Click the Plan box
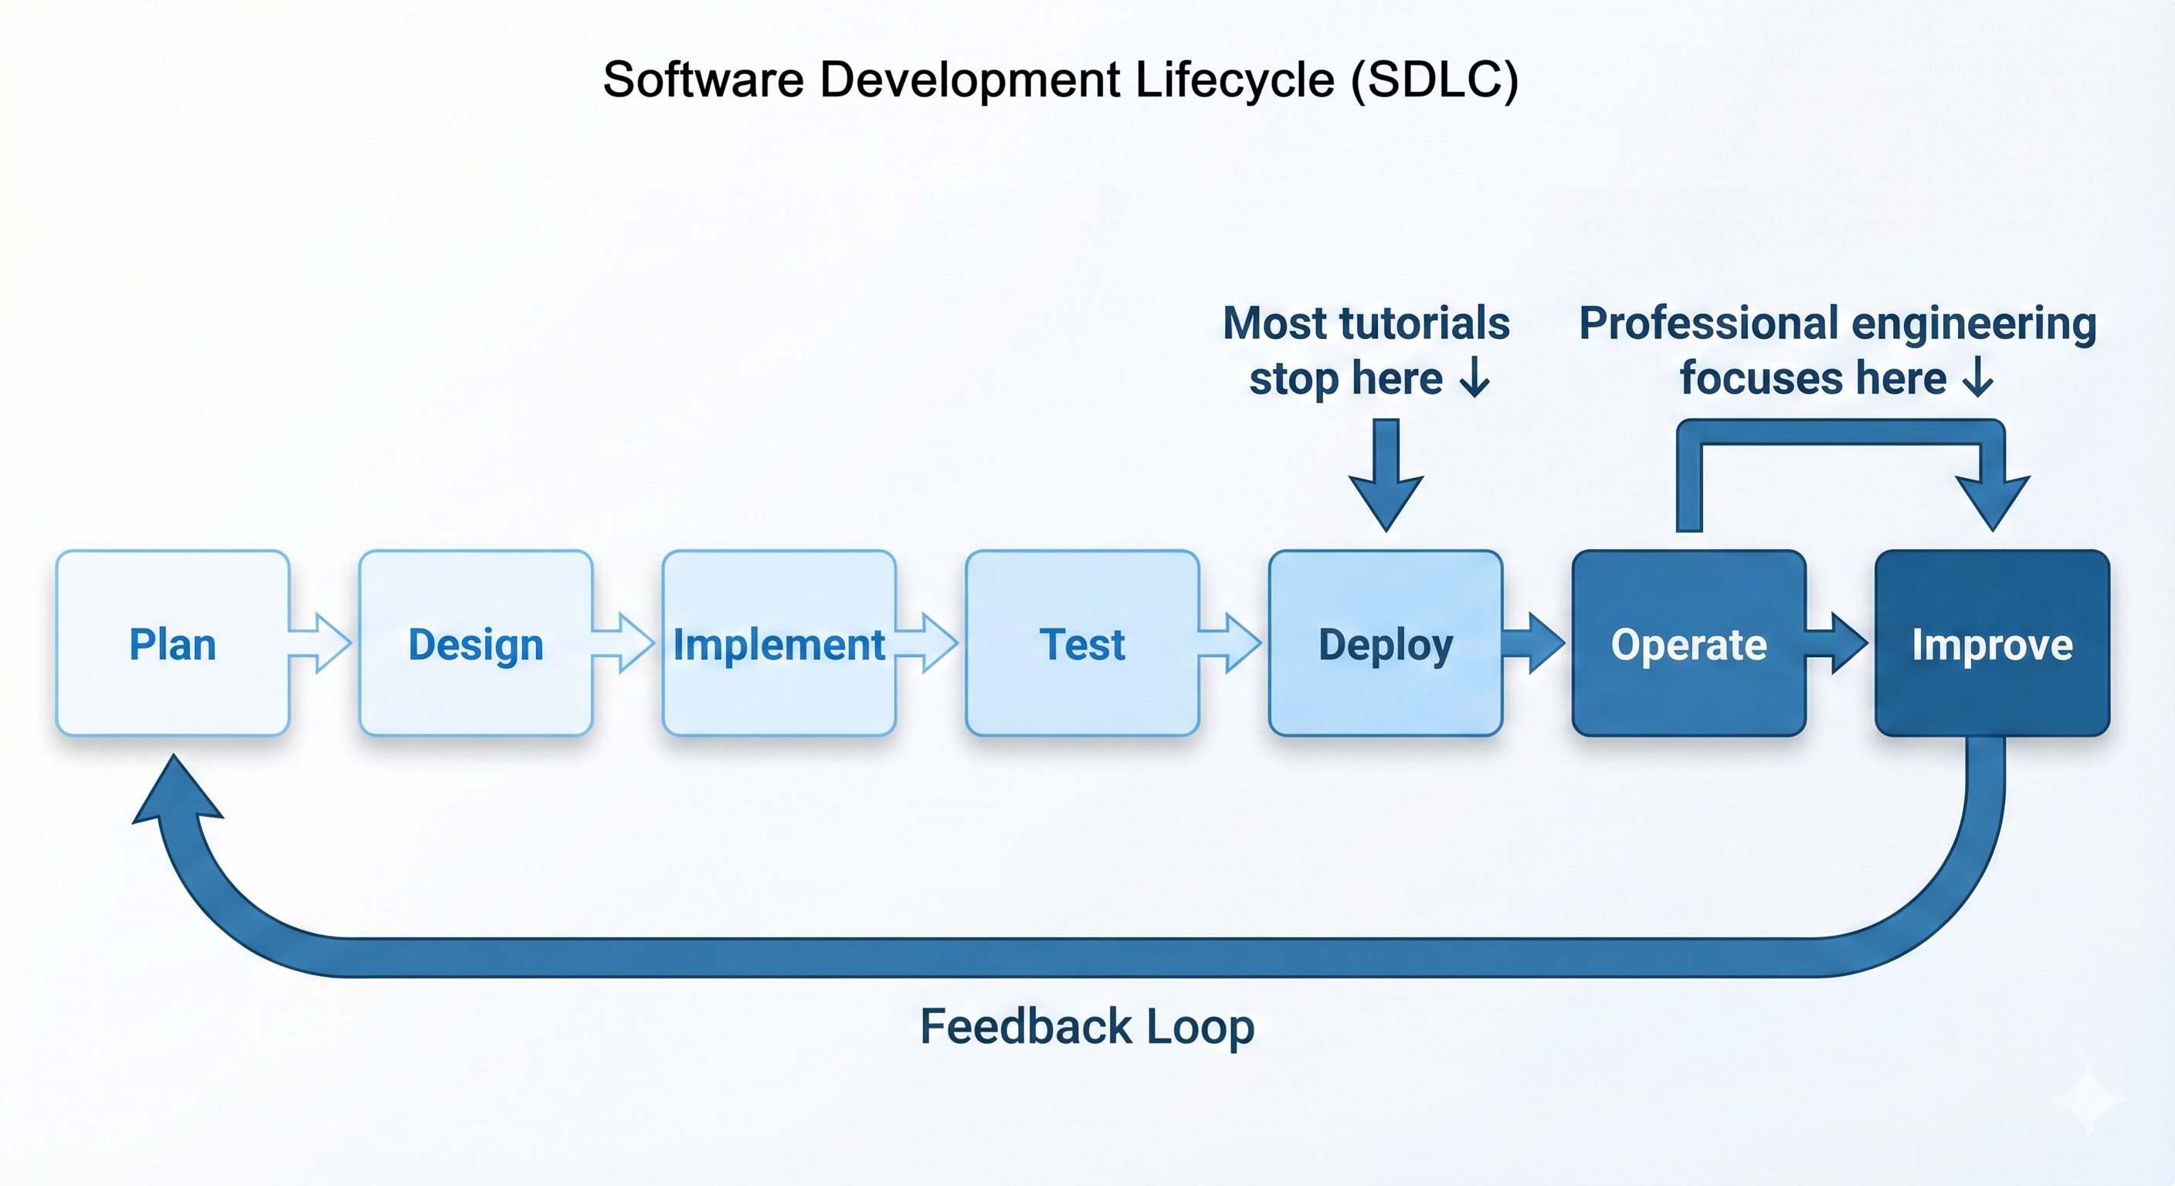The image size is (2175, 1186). click(172, 643)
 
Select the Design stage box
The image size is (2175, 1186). click(475, 643)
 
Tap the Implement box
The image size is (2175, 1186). click(778, 643)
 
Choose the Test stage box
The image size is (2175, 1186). click(1081, 643)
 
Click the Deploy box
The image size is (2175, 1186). click(1385, 643)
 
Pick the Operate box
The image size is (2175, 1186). click(1688, 643)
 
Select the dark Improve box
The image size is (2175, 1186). click(1992, 643)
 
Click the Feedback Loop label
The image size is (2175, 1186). click(1087, 1026)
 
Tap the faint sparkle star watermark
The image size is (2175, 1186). click(2088, 1099)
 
